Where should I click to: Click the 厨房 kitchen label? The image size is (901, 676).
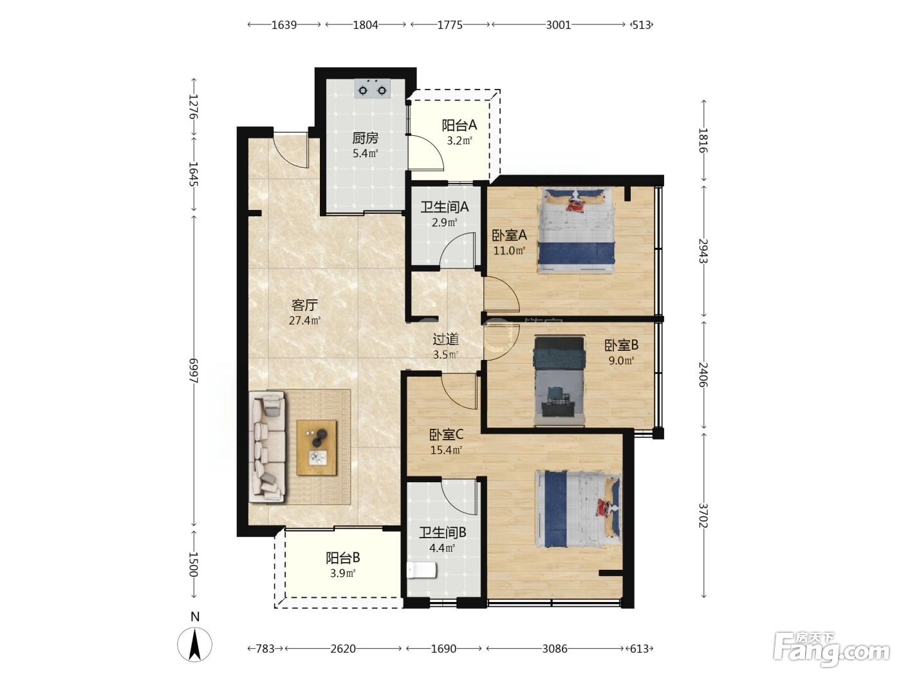click(x=365, y=138)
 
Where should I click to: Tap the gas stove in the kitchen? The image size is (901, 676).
click(x=372, y=89)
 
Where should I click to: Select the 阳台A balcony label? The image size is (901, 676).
click(x=460, y=125)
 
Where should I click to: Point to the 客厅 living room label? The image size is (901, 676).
click(x=304, y=305)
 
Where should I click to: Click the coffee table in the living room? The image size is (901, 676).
click(x=317, y=448)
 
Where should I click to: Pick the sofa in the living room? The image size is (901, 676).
click(x=267, y=446)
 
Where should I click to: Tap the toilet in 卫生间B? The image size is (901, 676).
click(x=421, y=570)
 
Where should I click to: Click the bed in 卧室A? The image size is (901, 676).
click(x=576, y=230)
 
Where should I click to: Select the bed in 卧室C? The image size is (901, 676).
click(x=579, y=509)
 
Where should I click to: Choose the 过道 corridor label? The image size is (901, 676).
click(x=446, y=339)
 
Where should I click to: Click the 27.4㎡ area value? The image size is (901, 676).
click(x=304, y=321)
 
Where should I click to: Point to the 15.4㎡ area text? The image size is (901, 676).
click(x=446, y=450)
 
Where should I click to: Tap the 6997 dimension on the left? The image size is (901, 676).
click(x=193, y=371)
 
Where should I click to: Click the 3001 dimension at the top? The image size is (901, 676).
click(x=558, y=25)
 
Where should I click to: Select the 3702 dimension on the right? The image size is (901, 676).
click(x=703, y=515)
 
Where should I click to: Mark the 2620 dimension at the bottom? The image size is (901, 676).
click(x=343, y=649)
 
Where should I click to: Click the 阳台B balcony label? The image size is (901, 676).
click(x=343, y=558)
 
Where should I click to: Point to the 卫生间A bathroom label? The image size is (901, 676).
click(x=445, y=207)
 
